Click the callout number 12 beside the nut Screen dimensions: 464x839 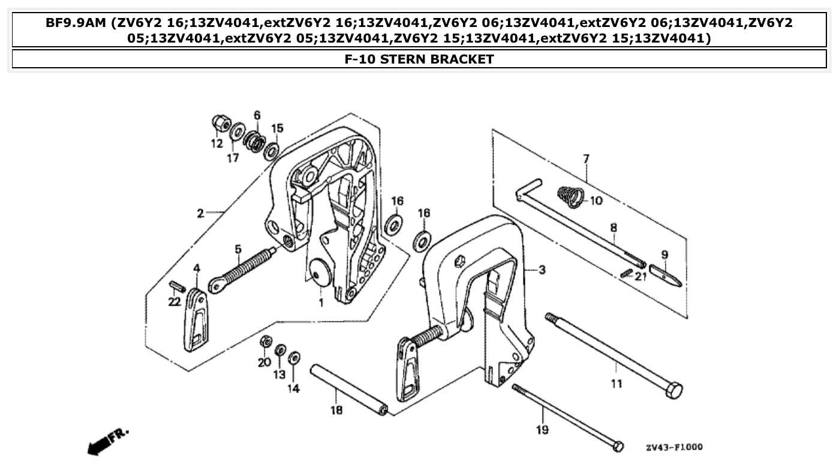(216, 144)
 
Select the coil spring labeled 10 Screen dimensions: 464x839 (570, 197)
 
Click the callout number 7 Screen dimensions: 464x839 (586, 159)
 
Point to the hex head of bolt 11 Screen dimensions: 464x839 (674, 391)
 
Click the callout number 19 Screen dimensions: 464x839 (543, 429)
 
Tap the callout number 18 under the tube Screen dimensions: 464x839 (336, 410)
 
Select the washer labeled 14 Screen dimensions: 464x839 (294, 358)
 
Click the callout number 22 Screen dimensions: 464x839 (174, 302)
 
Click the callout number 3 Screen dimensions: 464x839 (542, 270)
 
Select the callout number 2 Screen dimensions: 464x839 (200, 213)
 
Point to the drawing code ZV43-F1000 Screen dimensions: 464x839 (674, 447)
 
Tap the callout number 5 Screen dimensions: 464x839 (238, 248)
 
